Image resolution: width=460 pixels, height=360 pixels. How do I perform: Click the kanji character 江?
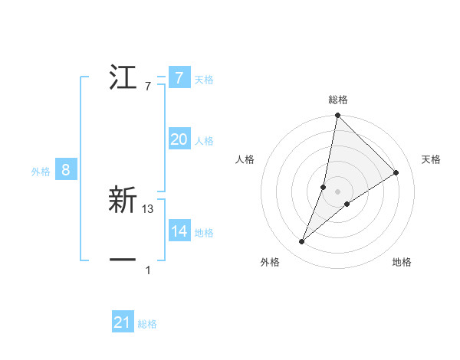click(123, 77)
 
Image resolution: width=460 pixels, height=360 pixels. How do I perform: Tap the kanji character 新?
click(123, 201)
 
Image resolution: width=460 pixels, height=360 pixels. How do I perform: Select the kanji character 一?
click(123, 260)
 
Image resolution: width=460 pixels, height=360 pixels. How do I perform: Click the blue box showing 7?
click(179, 77)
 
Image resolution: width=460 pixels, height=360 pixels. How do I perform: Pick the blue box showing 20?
click(179, 139)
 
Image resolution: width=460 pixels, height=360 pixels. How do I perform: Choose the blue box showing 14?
click(179, 231)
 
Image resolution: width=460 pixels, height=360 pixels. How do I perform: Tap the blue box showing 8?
click(66, 170)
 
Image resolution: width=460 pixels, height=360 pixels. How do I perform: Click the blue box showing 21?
click(123, 322)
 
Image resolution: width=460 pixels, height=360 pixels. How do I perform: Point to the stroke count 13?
click(148, 209)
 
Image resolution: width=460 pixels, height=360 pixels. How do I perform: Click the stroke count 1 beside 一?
click(148, 270)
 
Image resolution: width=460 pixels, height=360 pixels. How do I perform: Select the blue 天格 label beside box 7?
click(204, 79)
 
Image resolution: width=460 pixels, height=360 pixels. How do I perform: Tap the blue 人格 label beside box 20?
click(204, 141)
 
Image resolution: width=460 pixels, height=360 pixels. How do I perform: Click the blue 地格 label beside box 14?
click(204, 233)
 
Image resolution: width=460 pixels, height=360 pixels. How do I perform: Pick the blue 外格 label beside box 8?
click(41, 172)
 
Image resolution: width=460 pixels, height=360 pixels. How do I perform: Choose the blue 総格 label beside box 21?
click(147, 324)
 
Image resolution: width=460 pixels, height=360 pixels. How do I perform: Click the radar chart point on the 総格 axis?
click(337, 116)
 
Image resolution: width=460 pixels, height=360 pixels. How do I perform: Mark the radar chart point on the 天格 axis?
click(396, 172)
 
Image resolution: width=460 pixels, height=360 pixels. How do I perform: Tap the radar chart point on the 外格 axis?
click(302, 242)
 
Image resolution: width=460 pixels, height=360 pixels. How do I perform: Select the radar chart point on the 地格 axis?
click(347, 204)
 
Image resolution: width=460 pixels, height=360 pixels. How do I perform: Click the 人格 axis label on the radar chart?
click(245, 159)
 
